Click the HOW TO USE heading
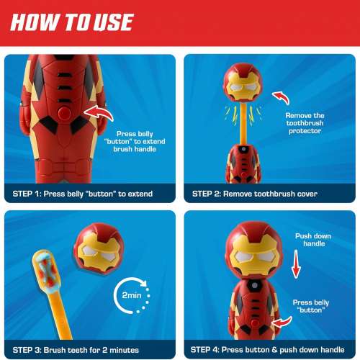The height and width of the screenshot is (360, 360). tap(72, 22)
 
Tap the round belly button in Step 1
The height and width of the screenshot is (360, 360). tap(65, 113)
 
